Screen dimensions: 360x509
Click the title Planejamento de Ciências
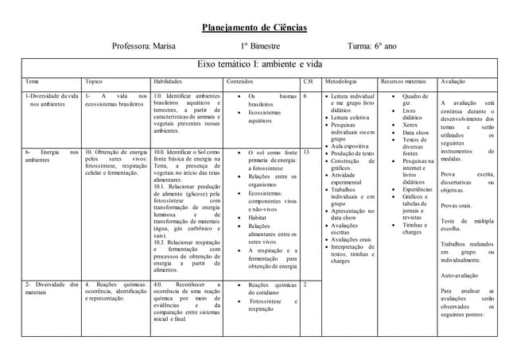tap(254, 28)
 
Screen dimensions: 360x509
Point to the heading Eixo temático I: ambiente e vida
tap(254, 64)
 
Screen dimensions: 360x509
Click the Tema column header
tap(32, 82)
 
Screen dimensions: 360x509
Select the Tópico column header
tap(94, 82)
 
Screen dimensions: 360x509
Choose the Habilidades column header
tap(167, 82)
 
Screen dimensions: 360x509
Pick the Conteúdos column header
tap(240, 82)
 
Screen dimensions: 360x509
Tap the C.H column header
tap(308, 82)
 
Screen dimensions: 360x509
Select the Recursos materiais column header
tap(403, 82)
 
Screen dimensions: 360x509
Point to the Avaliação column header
tap(453, 82)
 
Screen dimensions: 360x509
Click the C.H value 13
tap(306, 151)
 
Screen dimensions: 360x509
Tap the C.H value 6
tap(305, 96)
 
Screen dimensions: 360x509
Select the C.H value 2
tap(305, 284)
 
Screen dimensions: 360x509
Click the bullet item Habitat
tap(257, 216)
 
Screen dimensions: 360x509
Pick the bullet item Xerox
tap(410, 125)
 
